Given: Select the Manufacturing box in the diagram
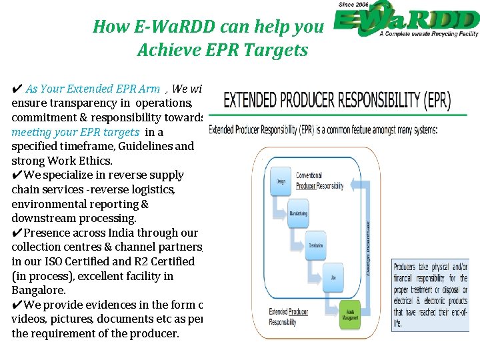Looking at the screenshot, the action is click(298, 213).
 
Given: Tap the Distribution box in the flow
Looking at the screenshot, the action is click(315, 245).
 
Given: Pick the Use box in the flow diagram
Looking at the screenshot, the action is click(333, 275).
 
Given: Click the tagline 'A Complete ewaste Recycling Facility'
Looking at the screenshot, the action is click(429, 33).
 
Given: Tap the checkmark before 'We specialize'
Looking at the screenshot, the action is click(17, 175).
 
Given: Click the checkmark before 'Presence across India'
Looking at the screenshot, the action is click(17, 233).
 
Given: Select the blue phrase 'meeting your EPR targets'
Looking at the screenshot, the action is click(75, 132).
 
